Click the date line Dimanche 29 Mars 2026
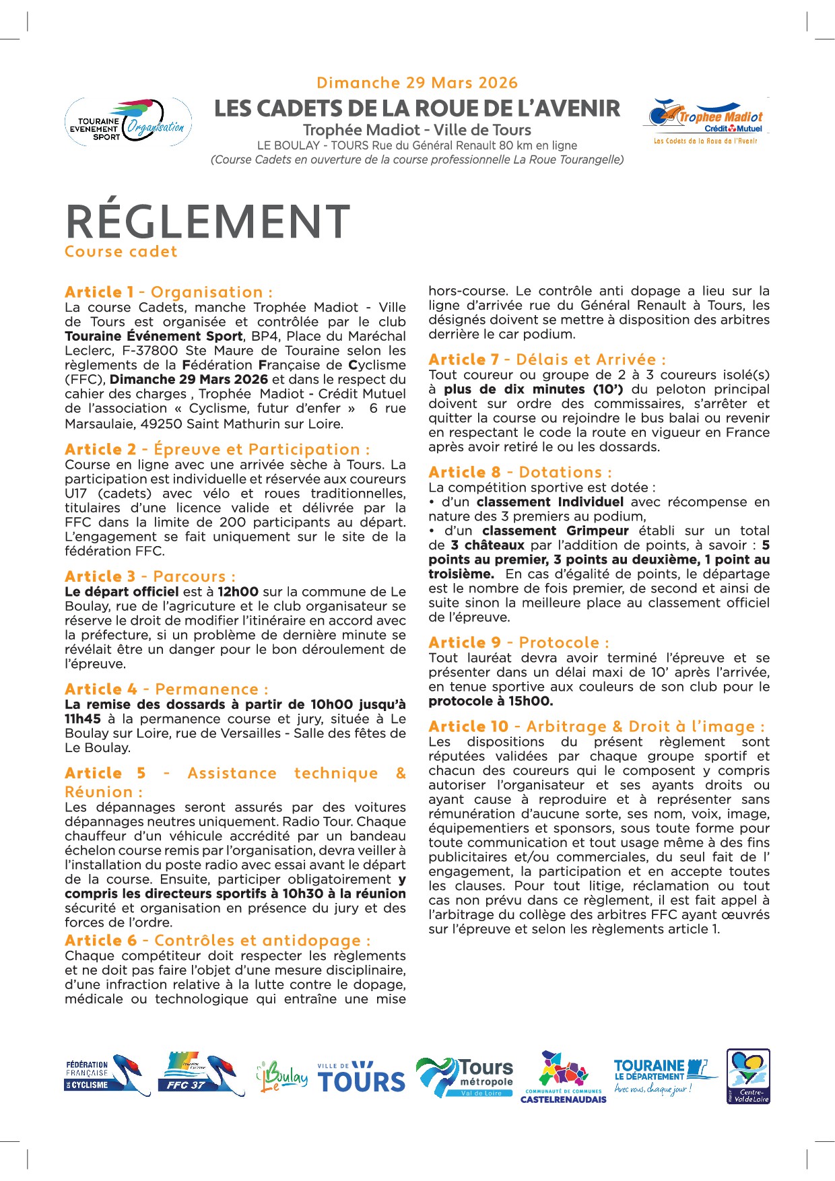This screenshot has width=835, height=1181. [417, 83]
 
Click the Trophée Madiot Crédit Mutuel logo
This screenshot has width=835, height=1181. [706, 121]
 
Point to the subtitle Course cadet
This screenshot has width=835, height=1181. [121, 252]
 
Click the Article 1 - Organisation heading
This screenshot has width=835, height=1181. [168, 292]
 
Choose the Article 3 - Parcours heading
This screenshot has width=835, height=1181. [150, 576]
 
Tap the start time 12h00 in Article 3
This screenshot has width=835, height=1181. [238, 592]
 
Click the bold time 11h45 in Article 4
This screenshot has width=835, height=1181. [83, 719]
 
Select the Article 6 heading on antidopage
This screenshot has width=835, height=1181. [218, 941]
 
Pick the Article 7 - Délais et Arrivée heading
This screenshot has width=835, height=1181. [547, 360]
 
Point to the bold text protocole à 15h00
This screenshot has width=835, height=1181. [491, 702]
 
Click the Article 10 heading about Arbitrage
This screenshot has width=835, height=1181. [596, 727]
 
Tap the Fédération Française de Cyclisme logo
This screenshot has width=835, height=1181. [107, 1075]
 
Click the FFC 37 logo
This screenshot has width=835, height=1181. [201, 1075]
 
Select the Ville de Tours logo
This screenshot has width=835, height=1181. [361, 1077]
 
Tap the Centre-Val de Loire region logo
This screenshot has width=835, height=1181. [748, 1076]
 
